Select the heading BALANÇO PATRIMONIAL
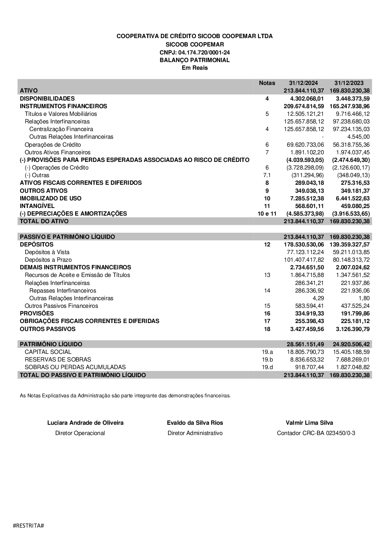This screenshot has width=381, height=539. [x=195, y=60]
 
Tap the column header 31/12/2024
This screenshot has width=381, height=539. [x=303, y=83]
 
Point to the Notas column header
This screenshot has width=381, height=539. [x=267, y=83]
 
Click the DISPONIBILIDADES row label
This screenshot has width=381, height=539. [x=47, y=98]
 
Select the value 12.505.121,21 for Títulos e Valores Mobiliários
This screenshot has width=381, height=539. [x=305, y=114]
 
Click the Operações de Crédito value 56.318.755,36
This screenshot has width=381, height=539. [x=351, y=144]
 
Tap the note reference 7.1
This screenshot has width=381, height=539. [x=267, y=175]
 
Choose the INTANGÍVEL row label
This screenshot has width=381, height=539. [x=37, y=206]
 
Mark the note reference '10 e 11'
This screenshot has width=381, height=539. [x=267, y=213]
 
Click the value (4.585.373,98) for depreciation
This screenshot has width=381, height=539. [x=305, y=213]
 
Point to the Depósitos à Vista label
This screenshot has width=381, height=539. [x=47, y=252]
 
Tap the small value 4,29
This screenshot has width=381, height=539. [x=318, y=298]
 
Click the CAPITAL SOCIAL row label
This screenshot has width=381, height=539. [x=48, y=352]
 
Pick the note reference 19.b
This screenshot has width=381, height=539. [x=267, y=359]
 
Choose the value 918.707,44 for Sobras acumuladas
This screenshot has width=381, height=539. [x=309, y=367]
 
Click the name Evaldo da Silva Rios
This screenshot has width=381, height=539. [x=195, y=422]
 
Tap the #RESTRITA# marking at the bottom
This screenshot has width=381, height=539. [x=29, y=525]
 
